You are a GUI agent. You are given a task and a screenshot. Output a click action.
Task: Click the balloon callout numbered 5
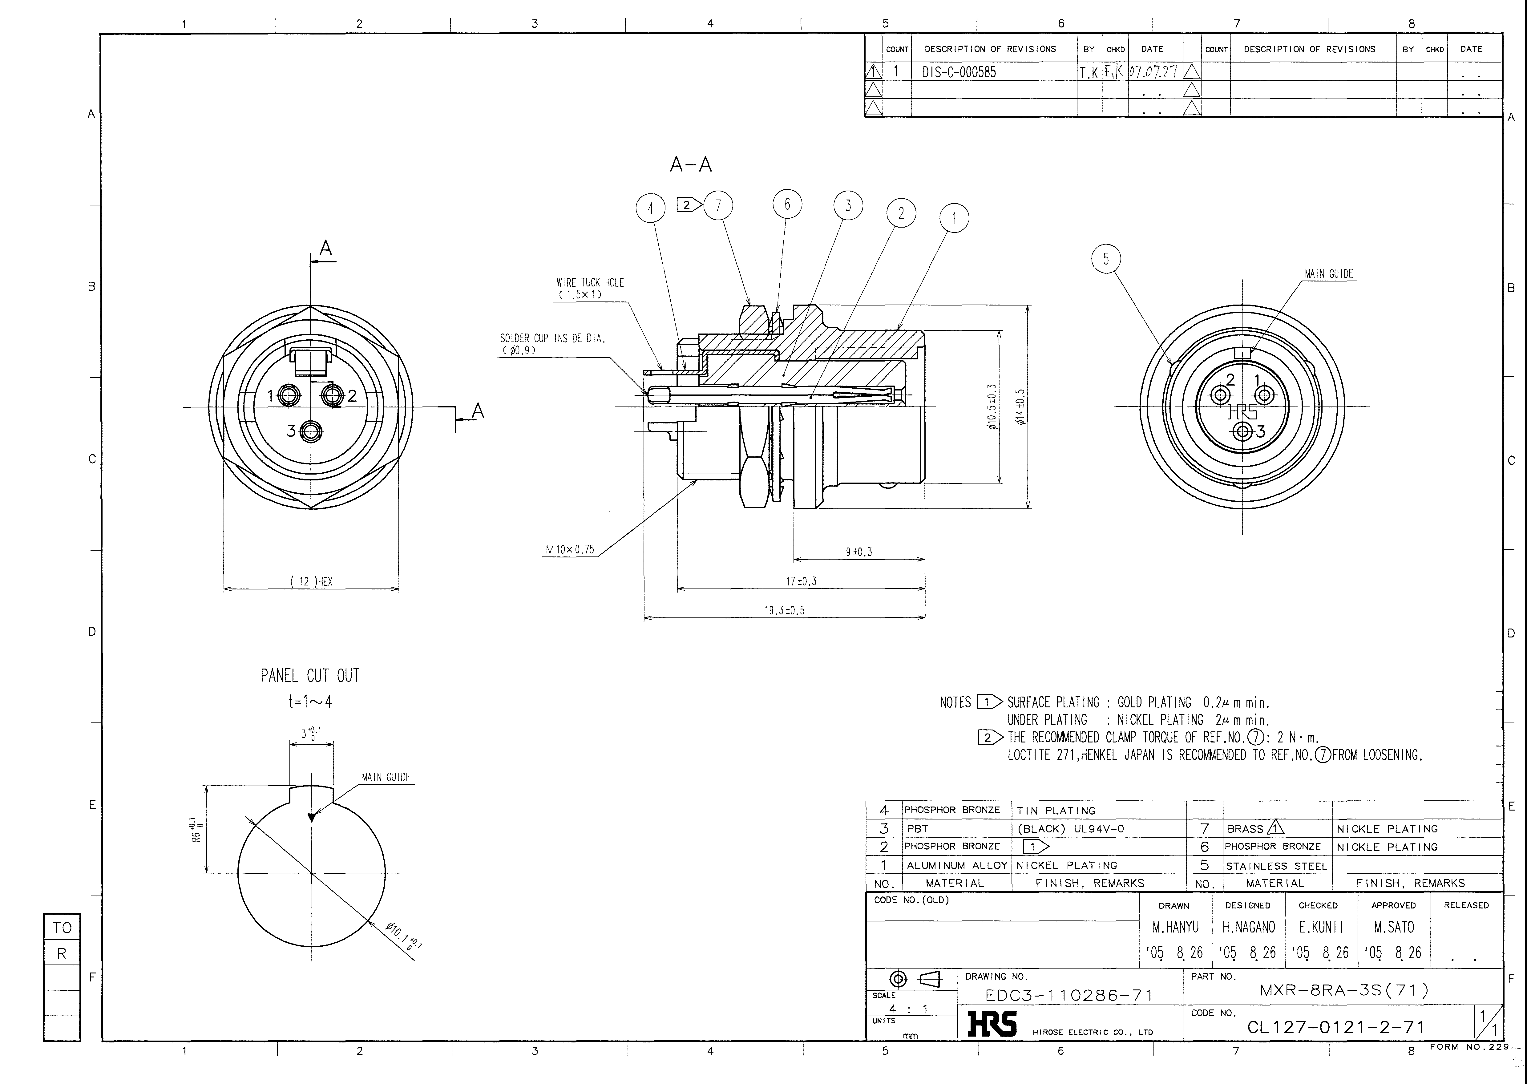pyautogui.click(x=1106, y=259)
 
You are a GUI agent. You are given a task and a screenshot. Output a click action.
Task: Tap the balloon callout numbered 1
pyautogui.click(x=954, y=218)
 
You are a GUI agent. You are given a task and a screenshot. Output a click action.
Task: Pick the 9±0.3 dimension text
pyautogui.click(x=859, y=552)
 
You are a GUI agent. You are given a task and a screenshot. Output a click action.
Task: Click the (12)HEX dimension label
pyautogui.click(x=311, y=581)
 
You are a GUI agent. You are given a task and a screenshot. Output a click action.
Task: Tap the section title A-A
pyautogui.click(x=691, y=164)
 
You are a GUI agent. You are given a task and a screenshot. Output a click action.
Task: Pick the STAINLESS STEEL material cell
pyautogui.click(x=1277, y=866)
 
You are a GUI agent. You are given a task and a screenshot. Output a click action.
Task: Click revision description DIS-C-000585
pyautogui.click(x=959, y=72)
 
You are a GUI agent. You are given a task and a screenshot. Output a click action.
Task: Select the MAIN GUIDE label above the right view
pyautogui.click(x=1329, y=274)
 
